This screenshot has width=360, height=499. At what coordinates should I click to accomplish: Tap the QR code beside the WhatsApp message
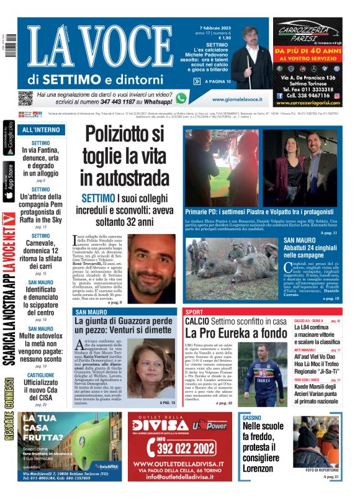(25, 98)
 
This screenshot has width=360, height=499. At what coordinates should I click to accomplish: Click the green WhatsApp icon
(181, 98)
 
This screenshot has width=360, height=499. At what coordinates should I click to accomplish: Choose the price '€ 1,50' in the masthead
(220, 38)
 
